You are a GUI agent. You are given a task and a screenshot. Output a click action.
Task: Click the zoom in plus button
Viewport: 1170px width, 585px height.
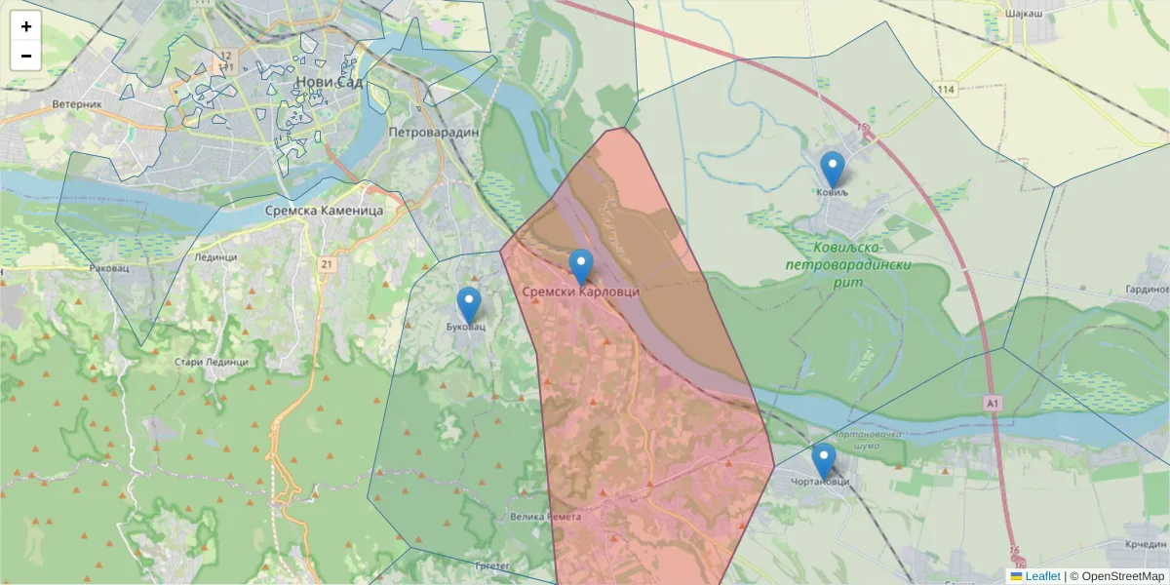26,26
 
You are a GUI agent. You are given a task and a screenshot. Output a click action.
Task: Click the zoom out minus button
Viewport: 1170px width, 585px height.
26,56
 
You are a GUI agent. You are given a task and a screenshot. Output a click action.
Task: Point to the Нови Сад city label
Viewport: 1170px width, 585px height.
330,83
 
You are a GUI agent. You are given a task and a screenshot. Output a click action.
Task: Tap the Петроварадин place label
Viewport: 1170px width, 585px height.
434,131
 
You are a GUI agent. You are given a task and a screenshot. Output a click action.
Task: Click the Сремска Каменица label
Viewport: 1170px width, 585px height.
325,210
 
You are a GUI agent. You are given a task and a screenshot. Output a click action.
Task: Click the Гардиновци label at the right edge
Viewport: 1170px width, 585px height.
1147,290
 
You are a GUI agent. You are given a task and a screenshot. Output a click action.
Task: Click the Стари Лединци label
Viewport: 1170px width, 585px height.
211,362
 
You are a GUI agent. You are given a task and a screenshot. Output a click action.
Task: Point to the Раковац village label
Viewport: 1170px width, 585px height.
108,267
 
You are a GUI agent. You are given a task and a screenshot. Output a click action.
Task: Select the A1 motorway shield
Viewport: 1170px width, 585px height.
993,402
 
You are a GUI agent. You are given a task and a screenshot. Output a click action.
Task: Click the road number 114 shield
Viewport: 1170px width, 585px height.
946,90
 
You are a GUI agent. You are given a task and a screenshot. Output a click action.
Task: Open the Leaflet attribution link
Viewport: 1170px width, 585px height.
1041,576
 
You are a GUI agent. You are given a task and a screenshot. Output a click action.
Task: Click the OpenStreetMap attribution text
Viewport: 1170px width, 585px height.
1116,576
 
